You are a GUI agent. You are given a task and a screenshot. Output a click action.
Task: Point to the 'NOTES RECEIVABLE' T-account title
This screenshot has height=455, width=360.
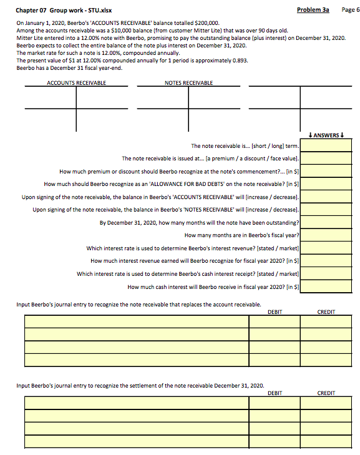188,83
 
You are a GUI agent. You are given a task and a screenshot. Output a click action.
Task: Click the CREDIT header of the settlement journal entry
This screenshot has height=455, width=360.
326,393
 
